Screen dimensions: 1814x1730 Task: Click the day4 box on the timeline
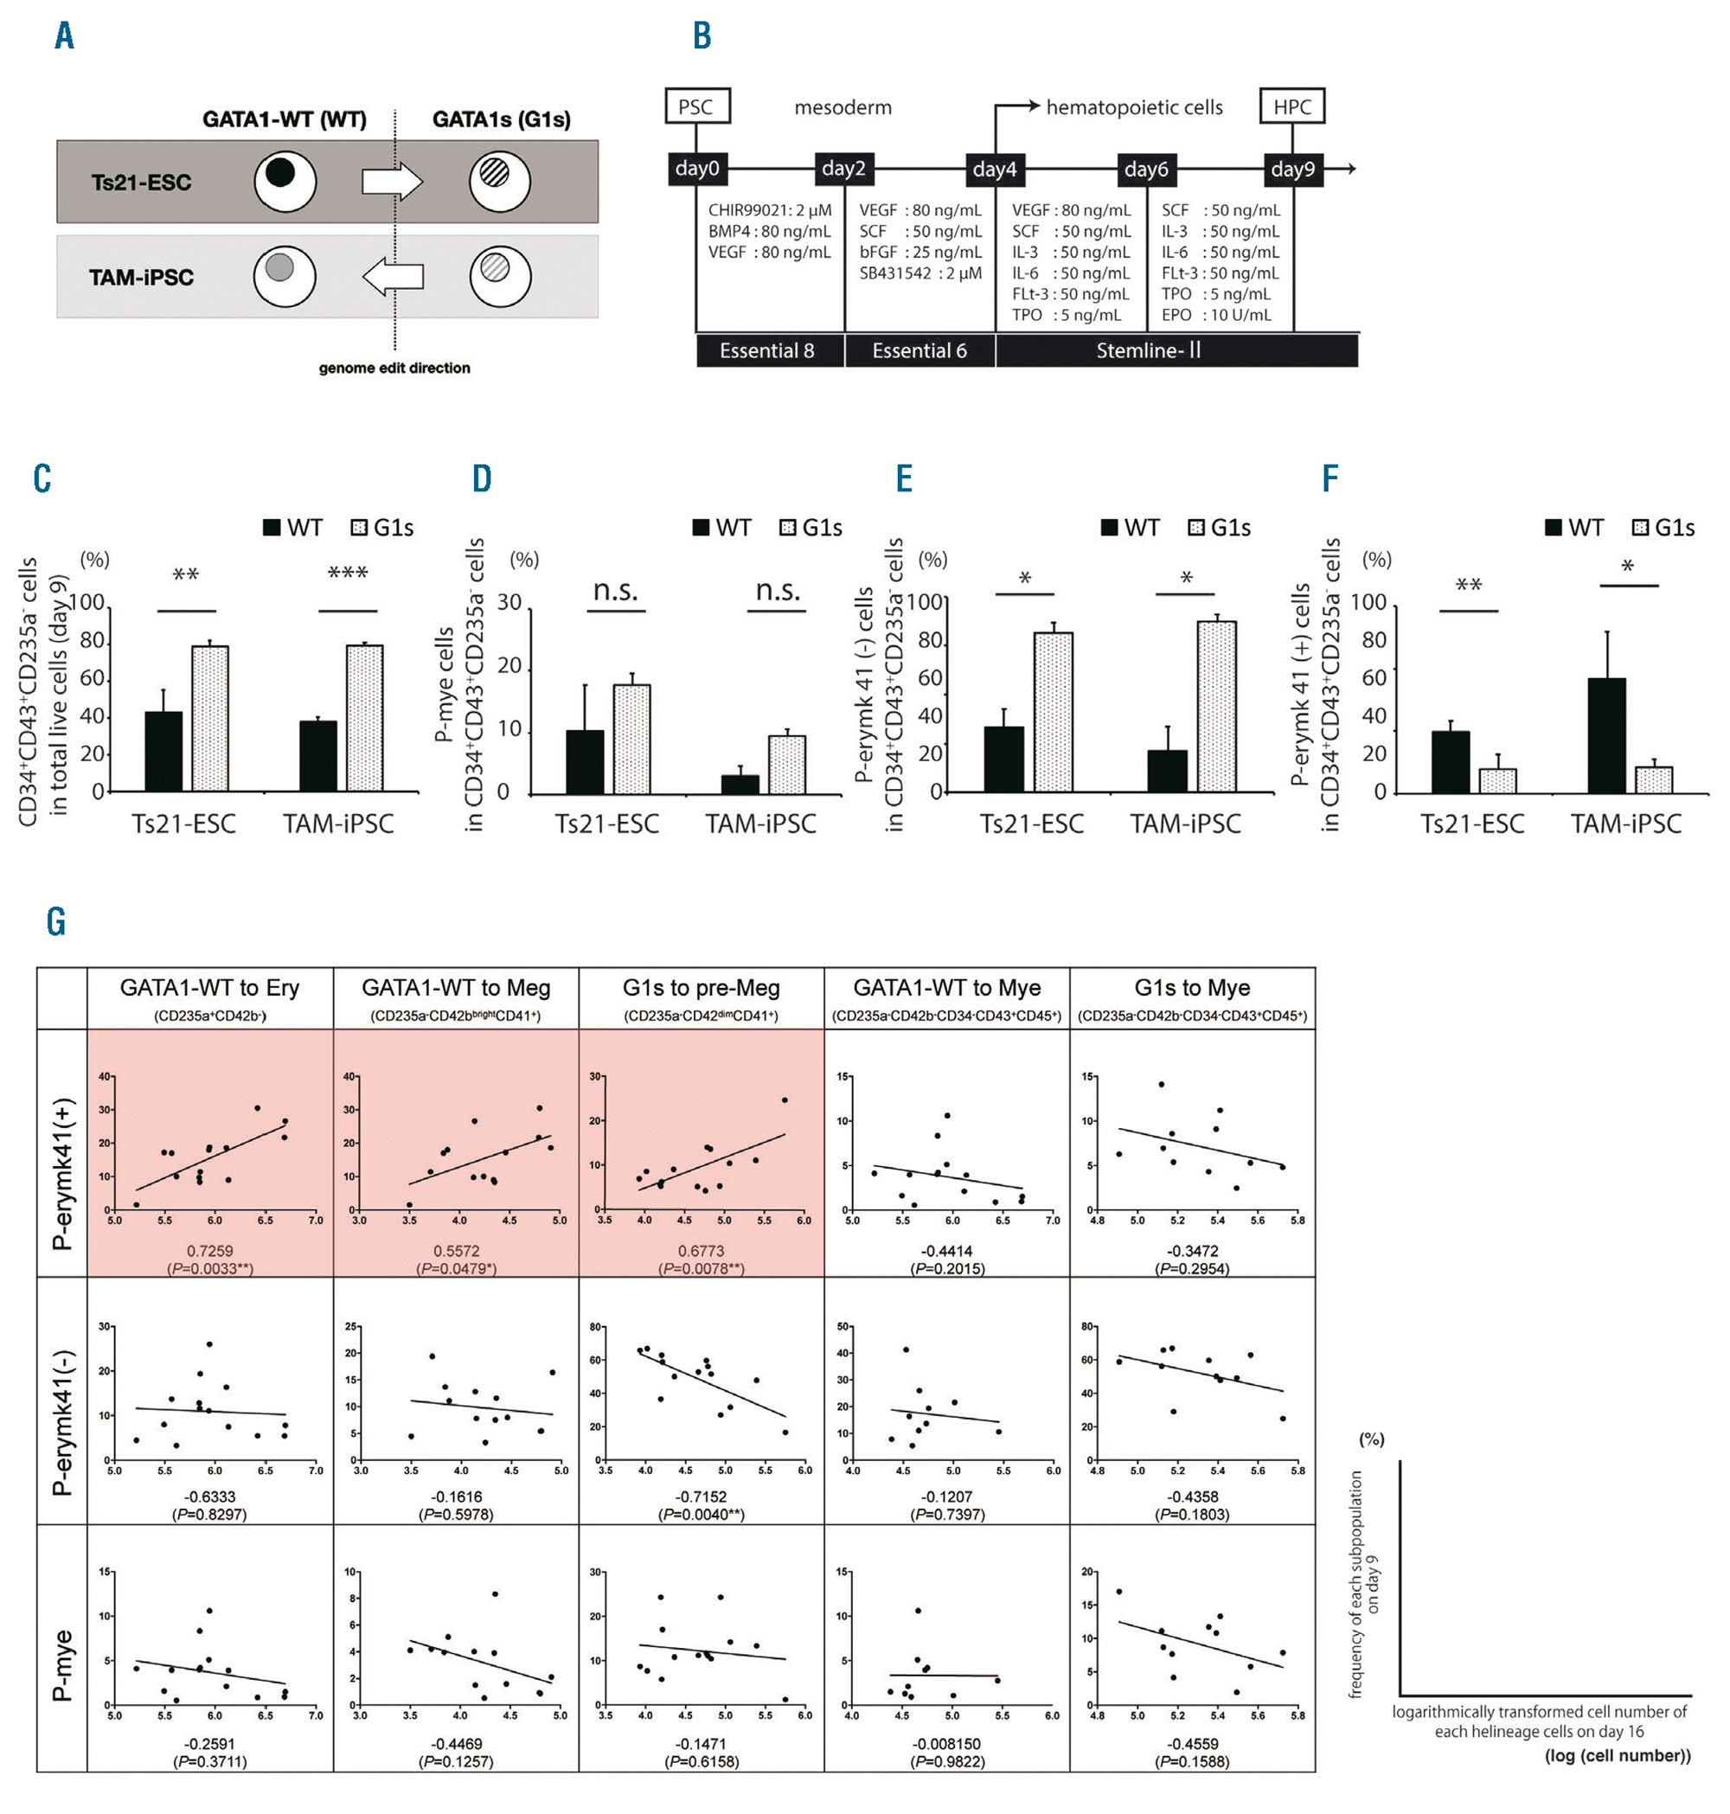tap(994, 169)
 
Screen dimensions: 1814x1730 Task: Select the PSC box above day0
tap(696, 107)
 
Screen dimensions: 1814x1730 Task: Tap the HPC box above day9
tap(1292, 107)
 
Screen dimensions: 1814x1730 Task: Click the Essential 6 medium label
tap(919, 351)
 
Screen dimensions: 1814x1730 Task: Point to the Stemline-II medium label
tap(1148, 351)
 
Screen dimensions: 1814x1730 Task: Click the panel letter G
tap(56, 921)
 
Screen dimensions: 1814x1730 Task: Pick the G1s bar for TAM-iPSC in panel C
tap(364, 717)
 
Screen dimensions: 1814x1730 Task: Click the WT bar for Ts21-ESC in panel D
tap(585, 762)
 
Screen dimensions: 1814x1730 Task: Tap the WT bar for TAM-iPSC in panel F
tap(1606, 735)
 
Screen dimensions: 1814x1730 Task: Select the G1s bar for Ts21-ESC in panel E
tap(1053, 711)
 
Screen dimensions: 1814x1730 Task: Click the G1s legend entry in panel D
tap(811, 528)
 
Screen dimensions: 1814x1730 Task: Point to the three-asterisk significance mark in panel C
tap(348, 574)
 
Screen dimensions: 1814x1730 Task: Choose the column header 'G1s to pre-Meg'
tap(701, 988)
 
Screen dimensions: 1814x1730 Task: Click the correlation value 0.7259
tap(210, 1251)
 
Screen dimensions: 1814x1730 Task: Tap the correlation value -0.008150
tap(947, 1744)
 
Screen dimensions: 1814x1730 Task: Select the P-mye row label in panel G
tap(61, 1664)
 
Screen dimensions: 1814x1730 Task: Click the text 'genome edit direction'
tap(394, 368)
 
